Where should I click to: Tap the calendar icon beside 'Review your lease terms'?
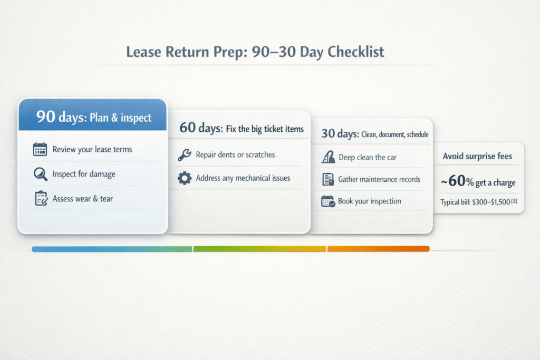(x=40, y=149)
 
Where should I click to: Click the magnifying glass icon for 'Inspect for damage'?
(x=40, y=174)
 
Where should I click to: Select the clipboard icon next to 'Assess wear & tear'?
(x=41, y=198)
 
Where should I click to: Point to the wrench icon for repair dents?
(x=184, y=155)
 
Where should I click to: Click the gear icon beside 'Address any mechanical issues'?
(x=185, y=178)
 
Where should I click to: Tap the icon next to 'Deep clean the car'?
(x=328, y=157)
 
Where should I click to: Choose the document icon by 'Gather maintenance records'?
(x=328, y=179)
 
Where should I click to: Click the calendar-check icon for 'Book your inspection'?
(x=328, y=201)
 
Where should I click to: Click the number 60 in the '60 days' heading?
(x=187, y=128)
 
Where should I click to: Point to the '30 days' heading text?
(x=340, y=133)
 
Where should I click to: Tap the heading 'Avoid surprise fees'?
(x=477, y=156)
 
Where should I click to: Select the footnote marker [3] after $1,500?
(x=514, y=201)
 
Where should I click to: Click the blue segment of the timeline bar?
(x=112, y=249)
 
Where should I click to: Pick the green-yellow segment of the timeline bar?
(x=259, y=249)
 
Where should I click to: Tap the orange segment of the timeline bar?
(x=379, y=249)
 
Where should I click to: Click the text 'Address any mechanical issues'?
(x=243, y=178)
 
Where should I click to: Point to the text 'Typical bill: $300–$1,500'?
(x=475, y=202)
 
